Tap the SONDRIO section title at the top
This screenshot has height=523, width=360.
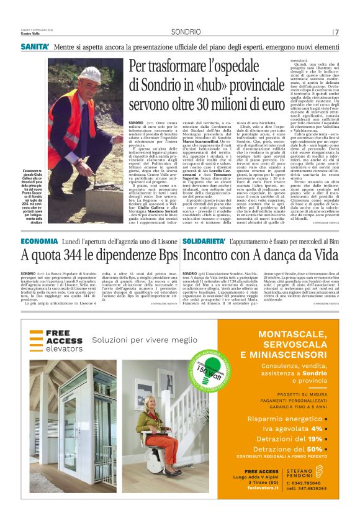(x=186, y=32)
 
